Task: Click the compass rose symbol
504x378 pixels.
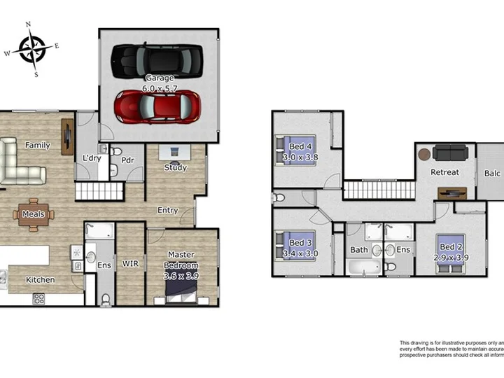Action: (x=32, y=48)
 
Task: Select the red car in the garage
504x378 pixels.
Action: (x=159, y=106)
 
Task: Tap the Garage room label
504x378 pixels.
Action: (x=159, y=78)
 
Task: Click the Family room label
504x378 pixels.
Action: (x=38, y=146)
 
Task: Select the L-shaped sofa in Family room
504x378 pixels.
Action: (x=17, y=164)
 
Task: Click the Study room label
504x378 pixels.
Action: (x=175, y=168)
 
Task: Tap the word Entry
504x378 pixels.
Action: (x=167, y=210)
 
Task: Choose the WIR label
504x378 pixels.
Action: (x=130, y=264)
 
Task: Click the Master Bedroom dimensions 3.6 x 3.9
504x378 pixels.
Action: (x=181, y=276)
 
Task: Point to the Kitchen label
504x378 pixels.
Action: (x=41, y=280)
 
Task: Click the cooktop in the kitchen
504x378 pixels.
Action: (x=39, y=299)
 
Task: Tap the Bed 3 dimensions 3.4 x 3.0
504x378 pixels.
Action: (x=300, y=253)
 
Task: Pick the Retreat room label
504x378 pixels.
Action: (x=444, y=172)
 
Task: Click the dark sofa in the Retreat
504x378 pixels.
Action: (x=449, y=152)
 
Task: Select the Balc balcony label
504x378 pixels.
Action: (x=491, y=174)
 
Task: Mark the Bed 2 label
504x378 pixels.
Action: (x=450, y=247)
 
